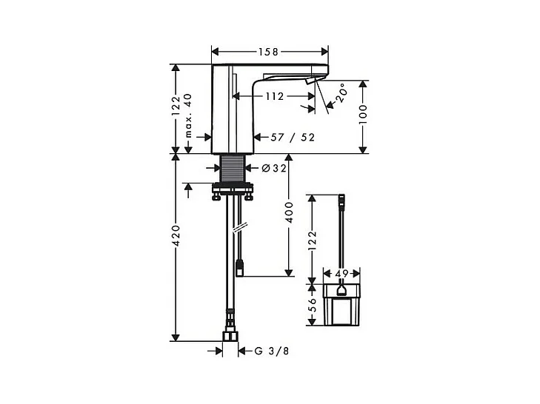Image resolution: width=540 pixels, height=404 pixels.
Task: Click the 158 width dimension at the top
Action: tap(268, 52)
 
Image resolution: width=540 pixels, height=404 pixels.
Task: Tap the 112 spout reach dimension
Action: tap(275, 96)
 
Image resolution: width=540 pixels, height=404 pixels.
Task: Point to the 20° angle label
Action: tap(341, 93)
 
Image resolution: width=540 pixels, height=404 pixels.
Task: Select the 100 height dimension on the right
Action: tap(363, 114)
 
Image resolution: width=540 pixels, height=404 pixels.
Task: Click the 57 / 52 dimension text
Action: tap(293, 138)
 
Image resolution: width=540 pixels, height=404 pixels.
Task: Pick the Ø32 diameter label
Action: tap(274, 168)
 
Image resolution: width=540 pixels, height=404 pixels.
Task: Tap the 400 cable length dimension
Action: tap(289, 212)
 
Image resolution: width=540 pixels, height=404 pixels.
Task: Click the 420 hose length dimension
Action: tap(176, 236)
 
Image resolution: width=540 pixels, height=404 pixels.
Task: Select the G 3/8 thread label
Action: tap(272, 351)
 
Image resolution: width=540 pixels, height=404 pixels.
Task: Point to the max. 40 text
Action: tap(188, 115)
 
